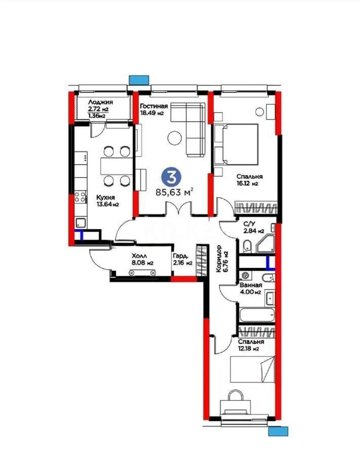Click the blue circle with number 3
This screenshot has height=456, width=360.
pos(172,177)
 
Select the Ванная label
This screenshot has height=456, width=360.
pos(250,285)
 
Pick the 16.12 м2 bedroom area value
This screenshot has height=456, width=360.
pos(248,184)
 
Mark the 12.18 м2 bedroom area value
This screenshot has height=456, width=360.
pos(249,349)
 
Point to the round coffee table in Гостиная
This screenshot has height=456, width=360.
pos(176,137)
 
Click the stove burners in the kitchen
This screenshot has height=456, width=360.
pos(79,197)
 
